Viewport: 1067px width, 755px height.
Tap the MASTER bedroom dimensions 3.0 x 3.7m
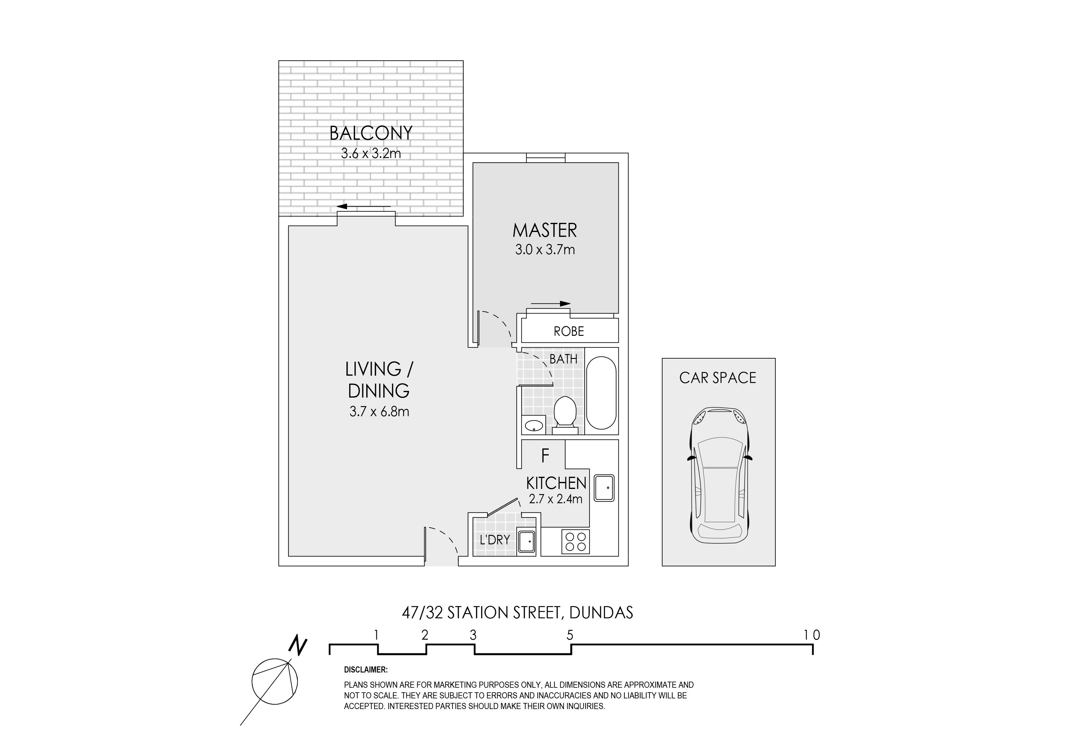click(x=545, y=250)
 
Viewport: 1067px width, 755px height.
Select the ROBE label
click(x=569, y=331)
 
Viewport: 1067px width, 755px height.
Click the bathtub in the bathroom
click(x=601, y=393)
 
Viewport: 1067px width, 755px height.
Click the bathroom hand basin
click(x=533, y=425)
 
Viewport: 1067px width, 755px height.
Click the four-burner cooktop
click(x=575, y=542)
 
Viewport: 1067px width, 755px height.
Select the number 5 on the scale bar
click(x=570, y=635)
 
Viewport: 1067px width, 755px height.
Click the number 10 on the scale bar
click(x=812, y=635)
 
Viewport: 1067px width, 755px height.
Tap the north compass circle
click(x=275, y=682)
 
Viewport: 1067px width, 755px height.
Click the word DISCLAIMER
click(x=366, y=670)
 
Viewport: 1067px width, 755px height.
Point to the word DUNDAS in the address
click(x=601, y=613)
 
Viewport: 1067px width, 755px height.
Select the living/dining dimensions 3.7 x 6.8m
click(x=379, y=412)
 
